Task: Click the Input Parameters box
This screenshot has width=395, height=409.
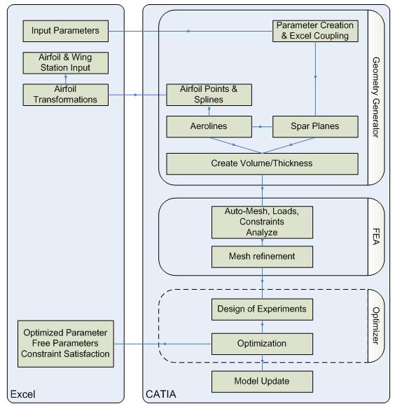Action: click(x=66, y=31)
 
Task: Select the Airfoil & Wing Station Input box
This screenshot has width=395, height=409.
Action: click(x=66, y=63)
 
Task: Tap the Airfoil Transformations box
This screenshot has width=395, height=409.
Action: click(x=66, y=95)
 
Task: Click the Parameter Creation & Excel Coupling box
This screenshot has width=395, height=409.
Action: click(x=315, y=31)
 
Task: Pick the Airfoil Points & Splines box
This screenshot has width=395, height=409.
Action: click(x=209, y=95)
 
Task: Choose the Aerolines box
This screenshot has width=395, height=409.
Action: click(x=209, y=127)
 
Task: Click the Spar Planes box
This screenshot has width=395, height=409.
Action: click(x=315, y=127)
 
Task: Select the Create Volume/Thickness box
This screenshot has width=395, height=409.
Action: click(x=262, y=163)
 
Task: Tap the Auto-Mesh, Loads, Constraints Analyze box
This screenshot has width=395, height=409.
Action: click(x=262, y=222)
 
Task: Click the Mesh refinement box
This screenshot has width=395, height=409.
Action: click(x=262, y=257)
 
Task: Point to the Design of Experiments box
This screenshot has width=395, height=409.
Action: click(x=262, y=309)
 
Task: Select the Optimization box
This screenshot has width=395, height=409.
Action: click(x=262, y=344)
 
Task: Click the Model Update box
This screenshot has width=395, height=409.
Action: click(x=262, y=382)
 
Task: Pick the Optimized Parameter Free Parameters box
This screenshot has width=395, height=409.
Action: click(x=66, y=344)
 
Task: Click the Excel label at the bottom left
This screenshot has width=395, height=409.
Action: click(x=23, y=394)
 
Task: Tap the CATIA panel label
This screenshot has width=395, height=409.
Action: click(x=161, y=394)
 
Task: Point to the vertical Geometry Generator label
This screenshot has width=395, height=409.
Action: click(x=376, y=98)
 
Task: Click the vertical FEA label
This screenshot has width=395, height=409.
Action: click(x=376, y=236)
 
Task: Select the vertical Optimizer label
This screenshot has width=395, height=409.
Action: click(x=376, y=326)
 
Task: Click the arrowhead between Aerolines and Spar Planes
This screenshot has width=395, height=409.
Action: click(x=261, y=127)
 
